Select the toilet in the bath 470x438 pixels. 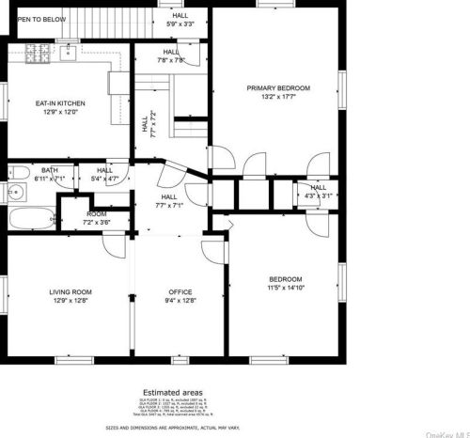coord(16,172)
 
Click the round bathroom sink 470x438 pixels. coord(13,195)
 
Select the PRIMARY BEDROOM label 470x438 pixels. coord(278,88)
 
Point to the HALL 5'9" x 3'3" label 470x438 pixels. coord(180,19)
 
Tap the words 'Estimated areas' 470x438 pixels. coord(172,392)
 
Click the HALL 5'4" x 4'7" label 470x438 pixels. coord(104,174)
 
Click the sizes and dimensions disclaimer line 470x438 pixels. coord(172,428)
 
